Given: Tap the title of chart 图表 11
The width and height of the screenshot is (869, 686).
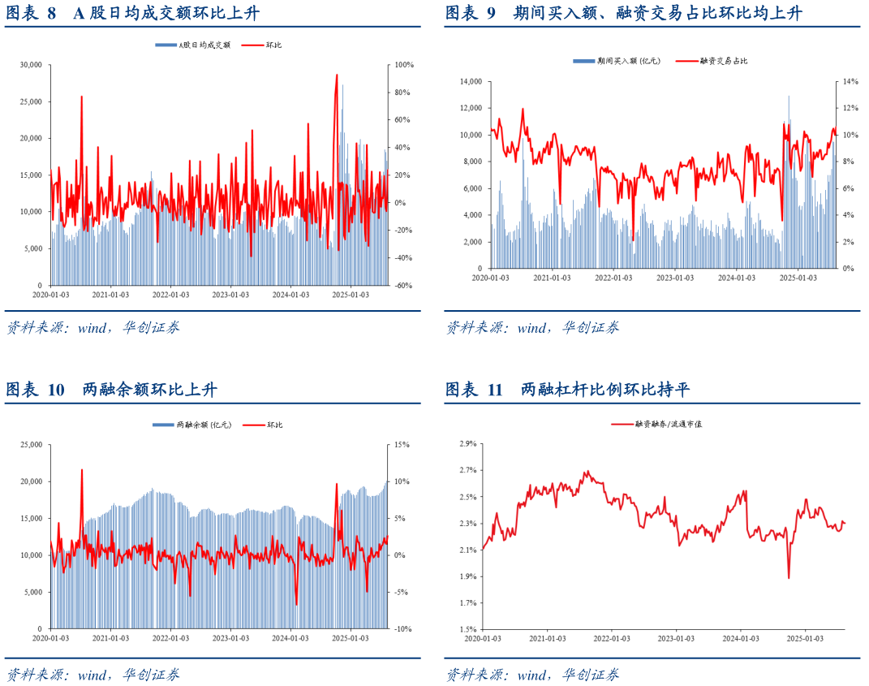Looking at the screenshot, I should click(x=567, y=390).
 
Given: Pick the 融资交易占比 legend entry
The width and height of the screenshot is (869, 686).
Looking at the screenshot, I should click(x=722, y=61).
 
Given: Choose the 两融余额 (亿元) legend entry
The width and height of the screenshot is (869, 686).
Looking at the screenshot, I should click(x=204, y=425).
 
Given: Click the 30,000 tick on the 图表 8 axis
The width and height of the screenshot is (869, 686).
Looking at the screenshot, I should click(x=32, y=65).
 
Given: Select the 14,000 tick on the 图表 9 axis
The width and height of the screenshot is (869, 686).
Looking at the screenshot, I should click(x=471, y=81).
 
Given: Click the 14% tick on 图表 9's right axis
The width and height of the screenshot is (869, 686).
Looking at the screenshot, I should click(x=849, y=81).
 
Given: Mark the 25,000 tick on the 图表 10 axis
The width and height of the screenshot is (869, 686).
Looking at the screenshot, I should click(x=32, y=445).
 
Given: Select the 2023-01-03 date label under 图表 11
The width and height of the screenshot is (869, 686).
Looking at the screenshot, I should click(x=674, y=639).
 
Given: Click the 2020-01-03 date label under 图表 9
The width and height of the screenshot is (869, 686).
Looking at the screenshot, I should click(x=491, y=278).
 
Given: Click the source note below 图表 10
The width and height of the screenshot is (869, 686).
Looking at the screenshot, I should click(x=92, y=674).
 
